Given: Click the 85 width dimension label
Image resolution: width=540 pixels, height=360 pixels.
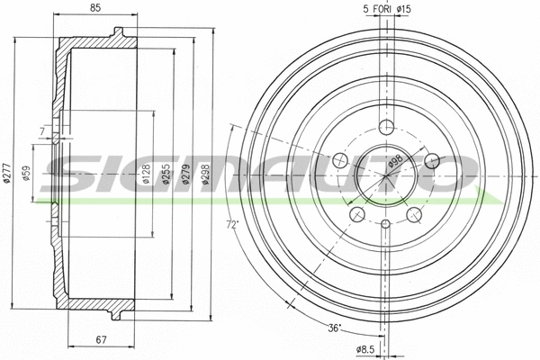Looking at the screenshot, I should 94,11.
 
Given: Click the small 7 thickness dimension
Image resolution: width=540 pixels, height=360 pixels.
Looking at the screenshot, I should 41,132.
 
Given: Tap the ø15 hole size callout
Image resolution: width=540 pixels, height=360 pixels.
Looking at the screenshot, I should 403,10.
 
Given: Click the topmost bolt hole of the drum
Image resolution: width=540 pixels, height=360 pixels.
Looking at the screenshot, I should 387,126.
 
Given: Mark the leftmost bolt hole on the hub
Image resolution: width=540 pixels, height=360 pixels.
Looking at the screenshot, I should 340,160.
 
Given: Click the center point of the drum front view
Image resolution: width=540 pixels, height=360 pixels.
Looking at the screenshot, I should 387,176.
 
